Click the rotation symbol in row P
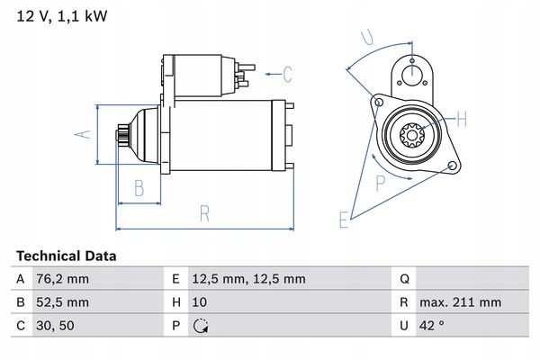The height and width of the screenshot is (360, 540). pyautogui.click(x=201, y=325)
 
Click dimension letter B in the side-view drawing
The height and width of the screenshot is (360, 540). pyautogui.click(x=139, y=188)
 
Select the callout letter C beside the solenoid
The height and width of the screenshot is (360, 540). pyautogui.click(x=287, y=74)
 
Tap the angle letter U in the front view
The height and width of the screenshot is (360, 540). pyautogui.click(x=367, y=38)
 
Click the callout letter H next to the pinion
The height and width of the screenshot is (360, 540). pyautogui.click(x=460, y=118)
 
